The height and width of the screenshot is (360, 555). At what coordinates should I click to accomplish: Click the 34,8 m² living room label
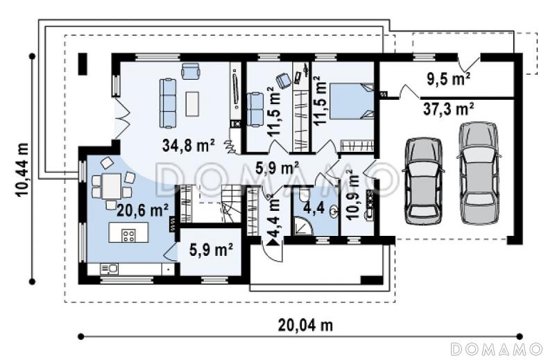[x=189, y=145]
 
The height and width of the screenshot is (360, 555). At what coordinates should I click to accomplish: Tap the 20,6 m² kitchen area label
[x=142, y=211]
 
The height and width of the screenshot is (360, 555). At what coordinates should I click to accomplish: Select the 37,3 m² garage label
[x=448, y=110]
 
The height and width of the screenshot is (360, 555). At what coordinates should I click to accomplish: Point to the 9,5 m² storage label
[x=448, y=79]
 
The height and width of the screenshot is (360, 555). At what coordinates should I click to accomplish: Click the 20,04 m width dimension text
[x=305, y=325]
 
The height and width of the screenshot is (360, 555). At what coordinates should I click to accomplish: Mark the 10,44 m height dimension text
[x=22, y=169]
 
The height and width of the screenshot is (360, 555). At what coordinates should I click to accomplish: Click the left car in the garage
[x=423, y=181]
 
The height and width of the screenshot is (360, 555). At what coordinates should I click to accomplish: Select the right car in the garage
[x=479, y=173]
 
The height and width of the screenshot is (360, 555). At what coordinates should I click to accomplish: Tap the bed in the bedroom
[x=352, y=101]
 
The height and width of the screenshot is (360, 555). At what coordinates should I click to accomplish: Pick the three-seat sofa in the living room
[x=168, y=103]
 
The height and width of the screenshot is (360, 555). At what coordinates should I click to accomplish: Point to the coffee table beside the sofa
[x=192, y=103]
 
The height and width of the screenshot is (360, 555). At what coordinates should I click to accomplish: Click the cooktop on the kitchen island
[x=128, y=235]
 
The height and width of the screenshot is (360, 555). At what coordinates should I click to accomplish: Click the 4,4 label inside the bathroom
[x=314, y=208]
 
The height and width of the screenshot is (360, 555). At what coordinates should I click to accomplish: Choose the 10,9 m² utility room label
[x=352, y=195]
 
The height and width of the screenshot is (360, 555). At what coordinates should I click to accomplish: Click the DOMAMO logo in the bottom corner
[x=497, y=349]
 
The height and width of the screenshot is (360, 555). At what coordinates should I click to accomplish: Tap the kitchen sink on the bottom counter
[x=109, y=269]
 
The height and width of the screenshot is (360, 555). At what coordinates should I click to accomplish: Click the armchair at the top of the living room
[x=190, y=71]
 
